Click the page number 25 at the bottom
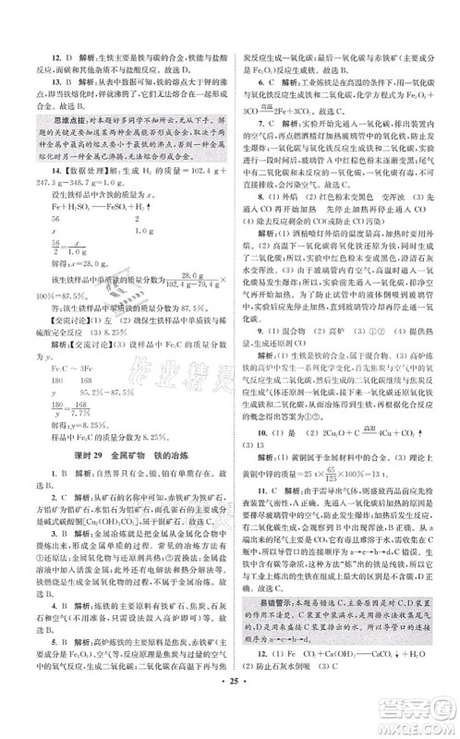click(230, 715)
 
